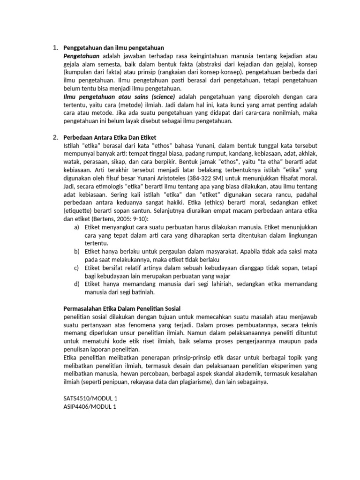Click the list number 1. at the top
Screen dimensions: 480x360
[55, 48]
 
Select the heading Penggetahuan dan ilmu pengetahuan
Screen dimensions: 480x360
[113, 48]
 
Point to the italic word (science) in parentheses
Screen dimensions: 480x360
[160, 96]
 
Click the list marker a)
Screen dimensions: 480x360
[76, 227]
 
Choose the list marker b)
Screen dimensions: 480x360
[76, 251]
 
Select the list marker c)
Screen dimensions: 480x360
[76, 268]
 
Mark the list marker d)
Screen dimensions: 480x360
[76, 284]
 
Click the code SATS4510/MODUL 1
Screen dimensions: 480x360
[90, 398]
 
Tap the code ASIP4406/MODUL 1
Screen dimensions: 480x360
[89, 406]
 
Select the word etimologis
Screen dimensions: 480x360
[104, 186]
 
